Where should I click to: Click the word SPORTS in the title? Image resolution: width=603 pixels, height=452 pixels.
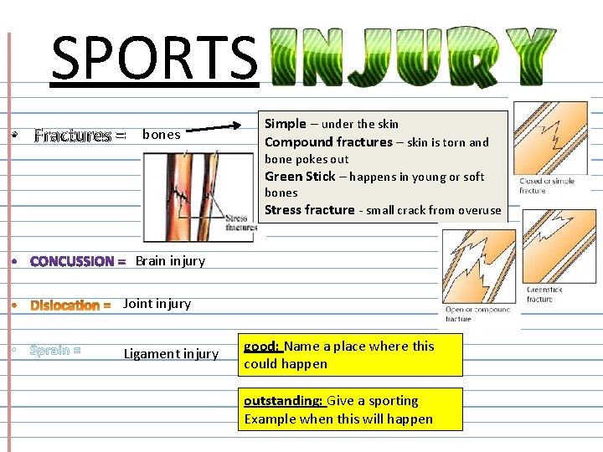[x=154, y=57]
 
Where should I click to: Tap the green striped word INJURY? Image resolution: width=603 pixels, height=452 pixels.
[x=415, y=56]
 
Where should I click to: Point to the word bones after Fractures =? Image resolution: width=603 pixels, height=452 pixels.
[x=162, y=134]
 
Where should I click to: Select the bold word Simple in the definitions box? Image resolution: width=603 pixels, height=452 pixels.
[x=286, y=124]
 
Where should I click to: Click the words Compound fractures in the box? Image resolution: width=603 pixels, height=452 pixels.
[x=328, y=142]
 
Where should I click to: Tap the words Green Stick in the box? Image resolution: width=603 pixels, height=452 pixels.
[x=300, y=177]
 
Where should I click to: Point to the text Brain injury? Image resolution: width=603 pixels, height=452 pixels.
[x=170, y=261]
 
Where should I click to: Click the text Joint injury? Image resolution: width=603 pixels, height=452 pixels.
[x=157, y=304]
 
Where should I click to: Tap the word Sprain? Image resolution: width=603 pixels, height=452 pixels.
[x=49, y=350]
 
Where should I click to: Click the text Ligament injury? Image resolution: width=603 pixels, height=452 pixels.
[x=171, y=354]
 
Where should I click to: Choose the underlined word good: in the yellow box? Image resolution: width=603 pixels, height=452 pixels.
[x=261, y=347]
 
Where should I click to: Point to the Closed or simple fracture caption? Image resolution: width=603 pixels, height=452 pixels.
[x=547, y=186]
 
